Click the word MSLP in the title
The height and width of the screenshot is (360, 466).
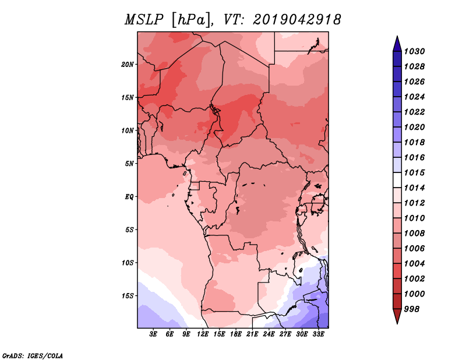(144, 20)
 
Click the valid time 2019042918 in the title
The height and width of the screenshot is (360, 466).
(297, 20)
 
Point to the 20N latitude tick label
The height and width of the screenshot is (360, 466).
(128, 65)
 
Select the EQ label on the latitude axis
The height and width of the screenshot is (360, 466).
(129, 197)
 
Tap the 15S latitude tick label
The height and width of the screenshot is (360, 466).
(128, 296)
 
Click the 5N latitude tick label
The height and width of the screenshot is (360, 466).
(129, 164)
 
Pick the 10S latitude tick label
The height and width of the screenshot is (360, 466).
(128, 263)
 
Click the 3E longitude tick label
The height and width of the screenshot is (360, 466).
(153, 334)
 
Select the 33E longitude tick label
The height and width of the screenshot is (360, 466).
(318, 334)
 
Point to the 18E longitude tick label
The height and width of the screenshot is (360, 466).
(236, 334)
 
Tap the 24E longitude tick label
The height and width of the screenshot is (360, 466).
(269, 334)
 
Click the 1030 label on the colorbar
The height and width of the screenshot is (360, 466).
(414, 51)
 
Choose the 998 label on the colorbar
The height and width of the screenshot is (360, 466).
(412, 309)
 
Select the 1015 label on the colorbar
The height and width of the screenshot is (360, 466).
(414, 172)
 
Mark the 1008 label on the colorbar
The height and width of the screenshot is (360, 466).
(414, 234)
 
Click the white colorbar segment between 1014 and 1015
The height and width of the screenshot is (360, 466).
(397, 180)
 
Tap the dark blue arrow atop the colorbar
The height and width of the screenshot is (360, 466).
(397, 44)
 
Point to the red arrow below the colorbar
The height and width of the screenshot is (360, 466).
(397, 316)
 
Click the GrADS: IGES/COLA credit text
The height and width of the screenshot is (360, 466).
(33, 356)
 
